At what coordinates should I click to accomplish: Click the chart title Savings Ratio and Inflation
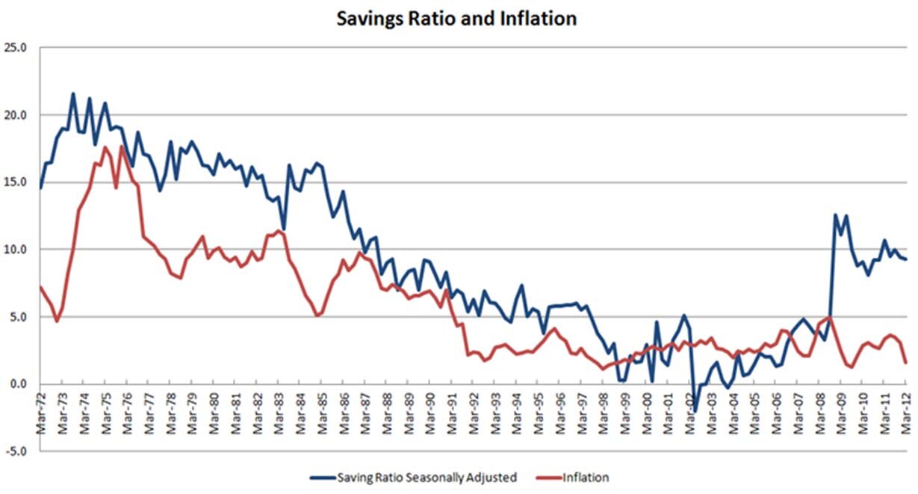click(456, 19)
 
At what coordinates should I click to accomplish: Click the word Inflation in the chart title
click(539, 19)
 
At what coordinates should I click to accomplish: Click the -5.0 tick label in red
click(17, 451)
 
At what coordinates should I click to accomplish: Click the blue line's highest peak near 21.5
click(72, 94)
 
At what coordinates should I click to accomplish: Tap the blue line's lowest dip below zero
click(695, 411)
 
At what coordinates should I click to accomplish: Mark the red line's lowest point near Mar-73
click(57, 321)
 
